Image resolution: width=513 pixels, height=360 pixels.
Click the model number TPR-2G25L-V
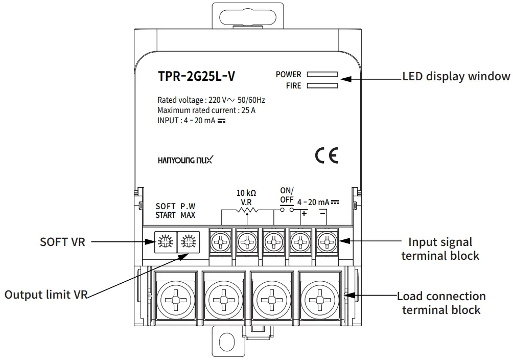tap(197, 77)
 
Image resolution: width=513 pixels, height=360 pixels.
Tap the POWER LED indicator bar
tap(322, 75)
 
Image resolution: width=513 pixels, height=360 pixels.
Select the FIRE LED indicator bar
tap(322, 86)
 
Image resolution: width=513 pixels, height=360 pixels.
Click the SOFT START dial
tap(165, 241)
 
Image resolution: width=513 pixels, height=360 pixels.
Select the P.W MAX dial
tap(188, 241)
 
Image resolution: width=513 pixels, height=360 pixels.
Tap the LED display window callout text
tap(456, 77)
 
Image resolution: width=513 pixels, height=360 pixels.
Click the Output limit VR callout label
tap(46, 295)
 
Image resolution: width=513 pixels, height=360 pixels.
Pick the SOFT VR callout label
tap(62, 241)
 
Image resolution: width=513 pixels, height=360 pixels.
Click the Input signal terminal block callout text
tap(440, 249)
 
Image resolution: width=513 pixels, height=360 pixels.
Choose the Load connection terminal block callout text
tap(441, 303)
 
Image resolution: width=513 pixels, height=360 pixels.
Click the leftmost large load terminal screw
tap(174, 297)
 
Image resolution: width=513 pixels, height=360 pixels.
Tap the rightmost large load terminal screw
tap(319, 297)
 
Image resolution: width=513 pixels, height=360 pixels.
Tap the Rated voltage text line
tap(211, 100)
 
